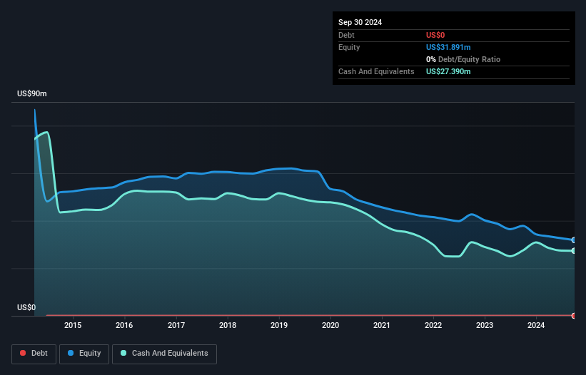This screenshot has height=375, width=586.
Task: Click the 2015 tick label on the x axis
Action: click(x=73, y=326)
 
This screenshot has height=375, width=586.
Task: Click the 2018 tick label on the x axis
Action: click(x=228, y=326)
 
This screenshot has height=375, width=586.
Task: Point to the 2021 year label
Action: click(x=382, y=326)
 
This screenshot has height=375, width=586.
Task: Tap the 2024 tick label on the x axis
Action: click(x=536, y=326)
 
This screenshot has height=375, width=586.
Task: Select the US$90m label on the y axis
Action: click(x=31, y=94)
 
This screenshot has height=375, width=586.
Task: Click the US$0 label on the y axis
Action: click(x=26, y=308)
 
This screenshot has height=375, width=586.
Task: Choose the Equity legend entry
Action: click(x=84, y=353)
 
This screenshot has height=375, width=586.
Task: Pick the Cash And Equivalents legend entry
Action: click(x=164, y=353)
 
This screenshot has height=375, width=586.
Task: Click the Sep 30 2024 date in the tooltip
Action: click(x=360, y=22)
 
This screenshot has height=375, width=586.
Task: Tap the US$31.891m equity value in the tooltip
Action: click(x=448, y=47)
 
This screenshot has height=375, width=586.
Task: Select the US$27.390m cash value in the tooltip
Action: click(x=448, y=71)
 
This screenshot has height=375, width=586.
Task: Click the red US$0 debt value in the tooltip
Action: click(x=436, y=35)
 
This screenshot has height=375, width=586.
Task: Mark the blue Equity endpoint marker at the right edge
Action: click(x=574, y=240)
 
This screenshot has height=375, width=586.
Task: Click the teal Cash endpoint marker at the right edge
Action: click(x=574, y=251)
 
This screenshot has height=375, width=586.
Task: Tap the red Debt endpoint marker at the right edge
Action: click(x=574, y=315)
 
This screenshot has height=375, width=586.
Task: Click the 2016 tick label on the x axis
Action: click(x=125, y=326)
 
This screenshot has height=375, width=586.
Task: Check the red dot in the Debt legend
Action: click(x=23, y=353)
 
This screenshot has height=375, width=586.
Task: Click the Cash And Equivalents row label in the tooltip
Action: click(x=376, y=71)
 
